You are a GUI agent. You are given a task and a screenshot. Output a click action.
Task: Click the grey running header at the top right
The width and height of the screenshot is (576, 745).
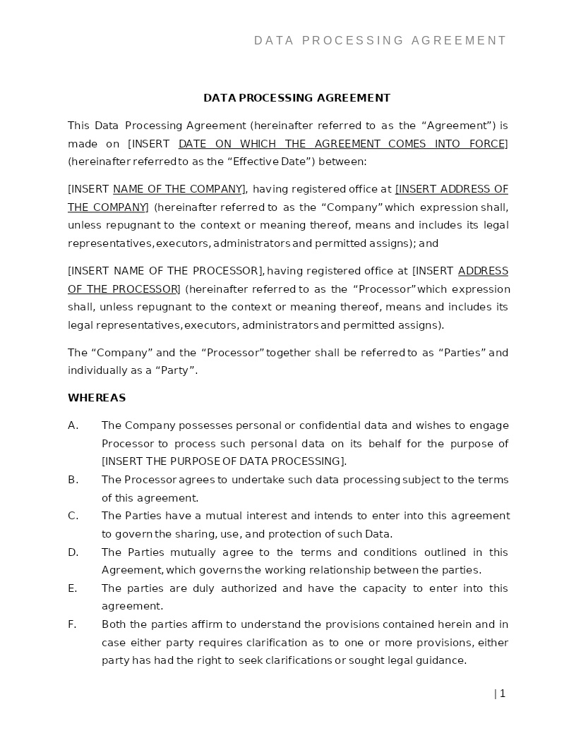click(x=380, y=41)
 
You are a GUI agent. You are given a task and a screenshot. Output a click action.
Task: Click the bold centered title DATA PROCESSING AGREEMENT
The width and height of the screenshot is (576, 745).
click(x=296, y=98)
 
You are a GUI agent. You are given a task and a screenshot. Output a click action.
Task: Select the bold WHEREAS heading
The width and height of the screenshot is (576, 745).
click(x=97, y=398)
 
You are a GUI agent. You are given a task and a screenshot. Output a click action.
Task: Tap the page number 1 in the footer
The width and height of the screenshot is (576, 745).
click(x=502, y=693)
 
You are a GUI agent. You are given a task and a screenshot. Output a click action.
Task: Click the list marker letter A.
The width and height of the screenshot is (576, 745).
click(x=72, y=425)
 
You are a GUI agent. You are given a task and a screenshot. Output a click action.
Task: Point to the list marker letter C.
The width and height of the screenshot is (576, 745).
click(x=72, y=516)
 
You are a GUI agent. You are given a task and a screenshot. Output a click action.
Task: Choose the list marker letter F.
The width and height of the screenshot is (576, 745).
click(x=71, y=624)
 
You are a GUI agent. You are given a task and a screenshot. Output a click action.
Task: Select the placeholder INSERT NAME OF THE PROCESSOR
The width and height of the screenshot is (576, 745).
click(x=166, y=271)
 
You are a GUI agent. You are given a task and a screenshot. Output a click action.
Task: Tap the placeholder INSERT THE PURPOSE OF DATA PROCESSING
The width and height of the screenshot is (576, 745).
click(x=224, y=461)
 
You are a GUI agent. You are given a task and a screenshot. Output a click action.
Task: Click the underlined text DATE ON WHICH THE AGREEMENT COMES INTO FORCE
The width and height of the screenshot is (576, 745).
click(x=342, y=144)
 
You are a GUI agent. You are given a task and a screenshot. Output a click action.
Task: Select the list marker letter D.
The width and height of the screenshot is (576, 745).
click(x=73, y=552)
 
